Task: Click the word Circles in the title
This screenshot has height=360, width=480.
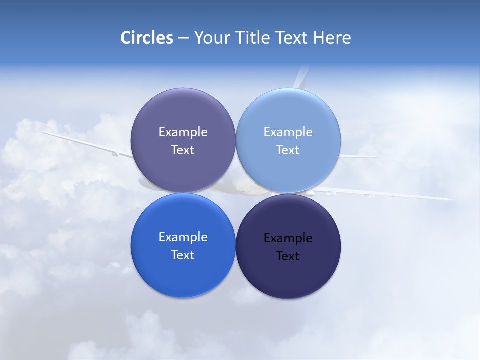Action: tap(147, 38)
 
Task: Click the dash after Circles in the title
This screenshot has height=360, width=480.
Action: tap(183, 38)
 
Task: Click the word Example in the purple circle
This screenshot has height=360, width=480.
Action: tap(183, 132)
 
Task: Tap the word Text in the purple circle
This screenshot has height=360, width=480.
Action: tap(183, 150)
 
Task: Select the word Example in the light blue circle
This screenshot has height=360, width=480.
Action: tap(288, 132)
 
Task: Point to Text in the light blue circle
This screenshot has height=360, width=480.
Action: tap(288, 150)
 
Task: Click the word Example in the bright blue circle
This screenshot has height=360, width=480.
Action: tap(183, 237)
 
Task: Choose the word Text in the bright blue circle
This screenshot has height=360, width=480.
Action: tap(183, 255)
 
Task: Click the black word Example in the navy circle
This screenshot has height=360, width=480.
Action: tap(288, 238)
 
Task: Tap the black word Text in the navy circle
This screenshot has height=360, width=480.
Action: tap(288, 256)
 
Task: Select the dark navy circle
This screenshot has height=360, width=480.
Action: tap(288, 280)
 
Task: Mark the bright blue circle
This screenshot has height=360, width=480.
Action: tap(183, 277)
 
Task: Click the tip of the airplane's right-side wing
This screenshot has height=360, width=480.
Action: tap(450, 199)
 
